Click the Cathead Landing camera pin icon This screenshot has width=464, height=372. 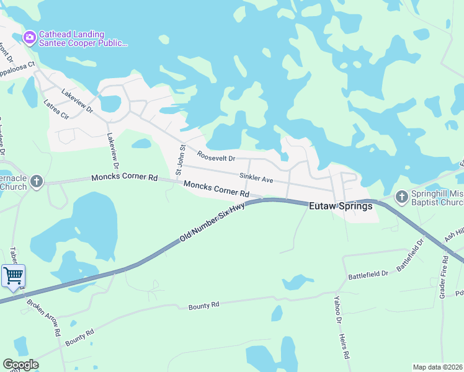coord(29,38)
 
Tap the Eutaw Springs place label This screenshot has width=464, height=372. coord(341,206)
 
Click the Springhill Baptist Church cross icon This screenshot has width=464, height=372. coord(401,197)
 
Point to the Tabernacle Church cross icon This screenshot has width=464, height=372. coord(37,182)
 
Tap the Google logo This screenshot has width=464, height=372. coord(20,365)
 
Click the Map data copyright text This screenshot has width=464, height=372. coord(438,367)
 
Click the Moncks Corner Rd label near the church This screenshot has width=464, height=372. coord(125,177)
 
